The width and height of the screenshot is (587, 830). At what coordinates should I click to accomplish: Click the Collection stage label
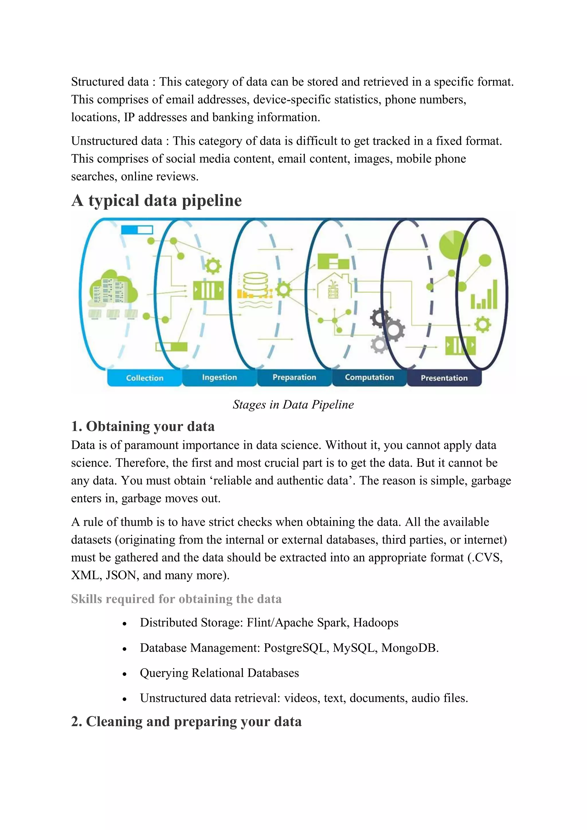click(x=145, y=378)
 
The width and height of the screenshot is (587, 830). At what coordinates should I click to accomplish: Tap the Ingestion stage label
click(x=219, y=377)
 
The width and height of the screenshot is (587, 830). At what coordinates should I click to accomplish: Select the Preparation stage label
click(x=294, y=377)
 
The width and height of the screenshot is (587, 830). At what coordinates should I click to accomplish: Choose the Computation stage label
click(x=369, y=377)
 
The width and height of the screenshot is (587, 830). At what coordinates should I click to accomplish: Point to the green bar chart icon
click(x=484, y=295)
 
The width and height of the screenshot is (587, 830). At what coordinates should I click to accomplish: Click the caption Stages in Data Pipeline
click(x=293, y=404)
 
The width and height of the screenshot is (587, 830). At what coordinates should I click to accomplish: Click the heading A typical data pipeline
click(x=156, y=200)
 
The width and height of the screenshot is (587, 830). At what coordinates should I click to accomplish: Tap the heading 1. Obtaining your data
click(x=143, y=426)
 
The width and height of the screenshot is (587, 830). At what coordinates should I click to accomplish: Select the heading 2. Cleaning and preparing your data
click(x=186, y=721)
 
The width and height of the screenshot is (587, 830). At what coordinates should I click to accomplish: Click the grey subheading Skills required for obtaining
click(x=176, y=599)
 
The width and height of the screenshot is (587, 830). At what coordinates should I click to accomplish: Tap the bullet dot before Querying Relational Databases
click(x=124, y=674)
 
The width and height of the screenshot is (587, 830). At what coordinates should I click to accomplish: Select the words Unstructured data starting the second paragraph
click(x=116, y=141)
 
